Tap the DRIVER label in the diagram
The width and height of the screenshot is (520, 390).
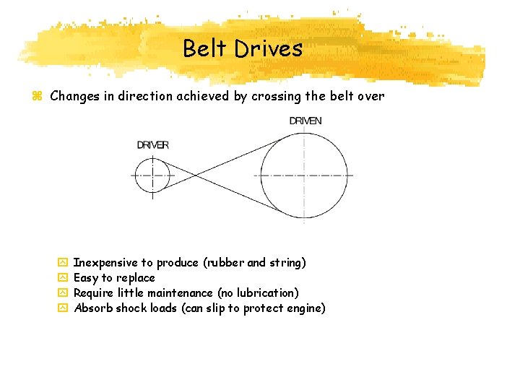coord(153,145)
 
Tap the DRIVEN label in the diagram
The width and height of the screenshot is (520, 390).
coord(305,121)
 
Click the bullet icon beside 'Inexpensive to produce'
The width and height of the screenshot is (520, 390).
coord(62,263)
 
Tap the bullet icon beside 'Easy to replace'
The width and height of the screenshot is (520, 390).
coord(62,278)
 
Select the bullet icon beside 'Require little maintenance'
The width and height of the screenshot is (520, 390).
coord(62,293)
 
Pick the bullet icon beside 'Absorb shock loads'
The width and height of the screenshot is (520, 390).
coord(62,308)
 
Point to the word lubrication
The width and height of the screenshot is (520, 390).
coord(266,293)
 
